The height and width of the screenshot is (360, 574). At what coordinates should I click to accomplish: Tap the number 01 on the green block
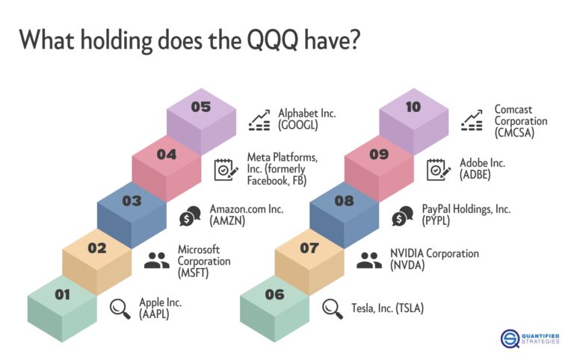[x=61, y=294]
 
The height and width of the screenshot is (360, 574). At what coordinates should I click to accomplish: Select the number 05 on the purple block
[x=200, y=107]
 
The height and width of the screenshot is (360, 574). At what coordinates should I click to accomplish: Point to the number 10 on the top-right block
[x=413, y=107]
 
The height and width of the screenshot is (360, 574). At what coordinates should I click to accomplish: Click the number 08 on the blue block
[x=343, y=201]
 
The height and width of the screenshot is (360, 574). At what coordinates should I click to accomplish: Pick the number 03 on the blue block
[x=132, y=201]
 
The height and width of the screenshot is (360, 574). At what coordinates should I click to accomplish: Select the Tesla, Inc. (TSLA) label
[x=388, y=307]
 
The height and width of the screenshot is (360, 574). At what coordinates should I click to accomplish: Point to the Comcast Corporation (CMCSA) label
[x=520, y=120]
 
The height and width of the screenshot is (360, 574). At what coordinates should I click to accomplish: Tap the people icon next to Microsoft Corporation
[x=156, y=260]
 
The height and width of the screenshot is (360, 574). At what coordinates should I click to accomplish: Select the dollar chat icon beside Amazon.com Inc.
[x=190, y=216]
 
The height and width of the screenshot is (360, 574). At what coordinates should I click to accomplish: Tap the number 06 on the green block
[x=274, y=294]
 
